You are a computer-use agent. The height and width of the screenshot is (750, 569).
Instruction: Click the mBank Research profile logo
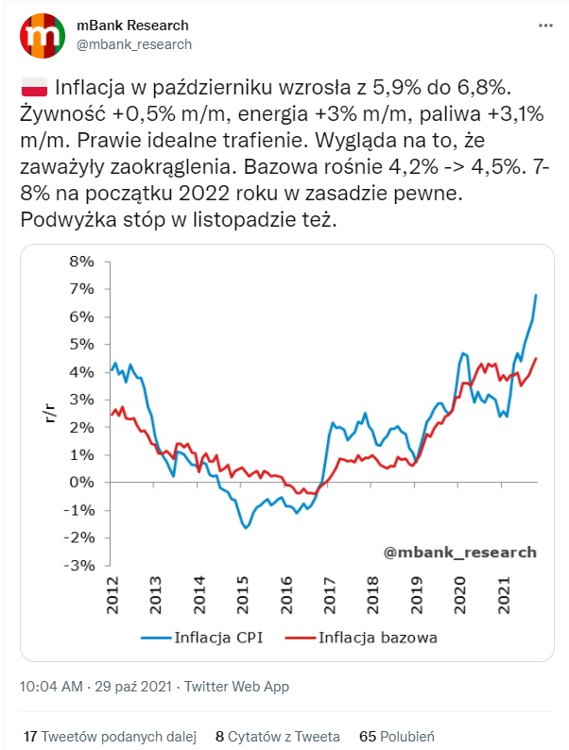coord(40,35)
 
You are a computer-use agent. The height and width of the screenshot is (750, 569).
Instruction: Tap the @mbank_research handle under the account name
coord(133,44)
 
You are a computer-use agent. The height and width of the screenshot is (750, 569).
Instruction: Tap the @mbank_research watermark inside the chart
coord(460,552)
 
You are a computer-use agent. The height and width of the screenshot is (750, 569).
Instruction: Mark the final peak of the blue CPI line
coord(536,296)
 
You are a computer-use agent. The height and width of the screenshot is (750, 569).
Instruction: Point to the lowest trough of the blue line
coord(246,527)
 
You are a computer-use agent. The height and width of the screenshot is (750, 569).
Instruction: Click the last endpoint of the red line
coord(536,358)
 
